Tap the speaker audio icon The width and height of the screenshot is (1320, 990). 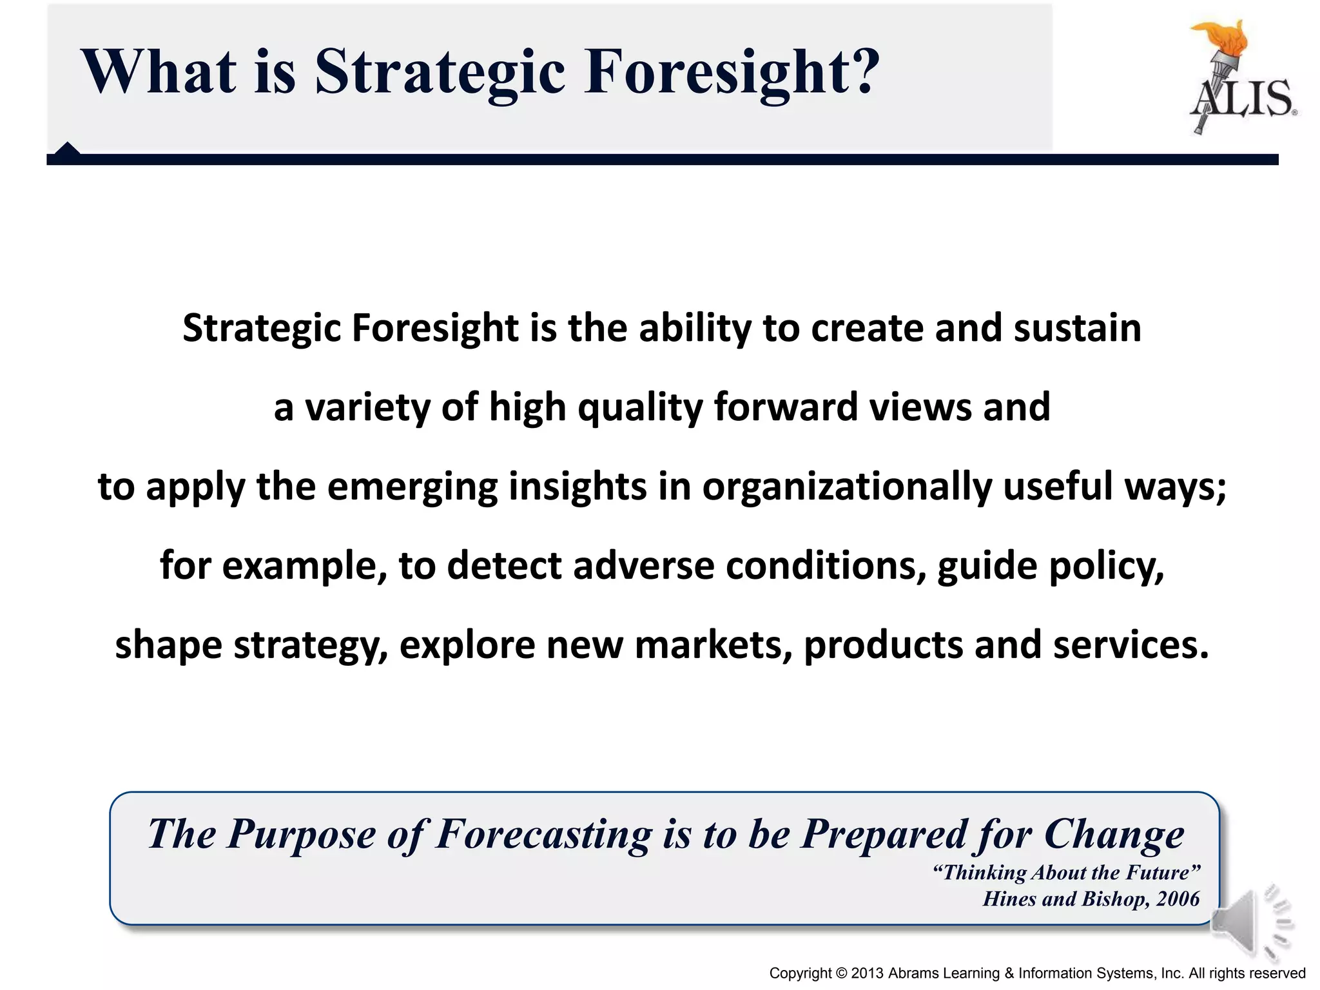pyautogui.click(x=1250, y=923)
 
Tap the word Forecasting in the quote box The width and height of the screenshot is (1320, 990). pyautogui.click(x=544, y=835)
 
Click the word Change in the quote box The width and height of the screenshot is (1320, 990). pyautogui.click(x=1114, y=835)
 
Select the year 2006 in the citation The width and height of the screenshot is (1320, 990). pyautogui.click(x=1178, y=898)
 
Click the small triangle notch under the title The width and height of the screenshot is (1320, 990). pyautogui.click(x=67, y=149)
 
